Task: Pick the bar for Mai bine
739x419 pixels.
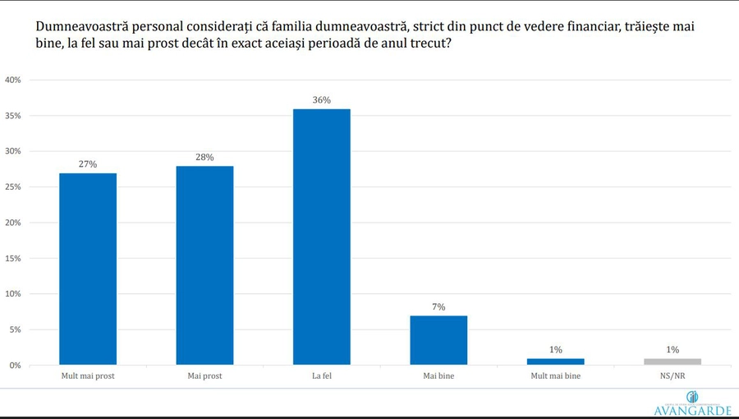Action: (438, 340)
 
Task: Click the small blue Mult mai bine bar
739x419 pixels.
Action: (556, 361)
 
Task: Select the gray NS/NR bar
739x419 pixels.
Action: (672, 361)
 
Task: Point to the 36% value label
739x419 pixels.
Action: (322, 100)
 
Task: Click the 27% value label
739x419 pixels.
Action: (88, 164)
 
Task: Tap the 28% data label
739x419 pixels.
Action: (204, 157)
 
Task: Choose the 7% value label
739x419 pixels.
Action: (438, 307)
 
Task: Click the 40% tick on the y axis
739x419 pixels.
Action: (12, 80)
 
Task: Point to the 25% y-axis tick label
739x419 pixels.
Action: (12, 186)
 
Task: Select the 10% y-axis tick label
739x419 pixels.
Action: (12, 293)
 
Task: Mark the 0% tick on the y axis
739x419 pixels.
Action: (15, 365)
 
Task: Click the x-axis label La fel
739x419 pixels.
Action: (322, 376)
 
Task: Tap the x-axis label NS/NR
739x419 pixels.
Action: (672, 376)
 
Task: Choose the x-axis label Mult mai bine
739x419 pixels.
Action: (556, 376)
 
